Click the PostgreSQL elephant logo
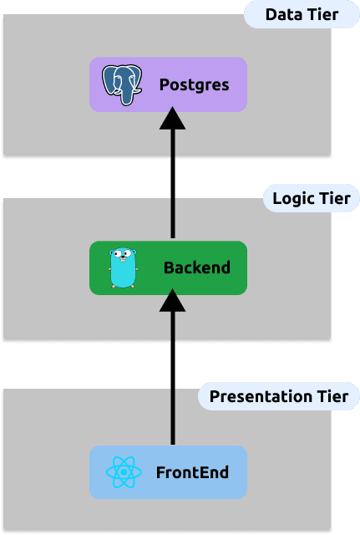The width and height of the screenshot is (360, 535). coord(122,84)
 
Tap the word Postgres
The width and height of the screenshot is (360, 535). coord(195,85)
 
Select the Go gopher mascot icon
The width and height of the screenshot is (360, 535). coord(123,267)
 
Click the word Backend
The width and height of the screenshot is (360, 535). coord(197,267)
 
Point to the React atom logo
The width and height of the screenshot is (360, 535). coord(124,472)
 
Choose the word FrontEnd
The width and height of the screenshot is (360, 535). coord(193,472)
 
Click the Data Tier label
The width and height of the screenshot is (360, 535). coord(302,15)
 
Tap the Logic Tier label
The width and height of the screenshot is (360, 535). coord(312,198)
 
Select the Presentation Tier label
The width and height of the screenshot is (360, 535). coord(279,396)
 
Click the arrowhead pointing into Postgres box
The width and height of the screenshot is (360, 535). coord(173,118)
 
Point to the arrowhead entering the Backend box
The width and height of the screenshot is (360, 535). coord(173,300)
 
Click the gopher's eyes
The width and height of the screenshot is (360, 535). coord(123,253)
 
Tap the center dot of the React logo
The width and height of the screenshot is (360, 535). coord(124,472)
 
